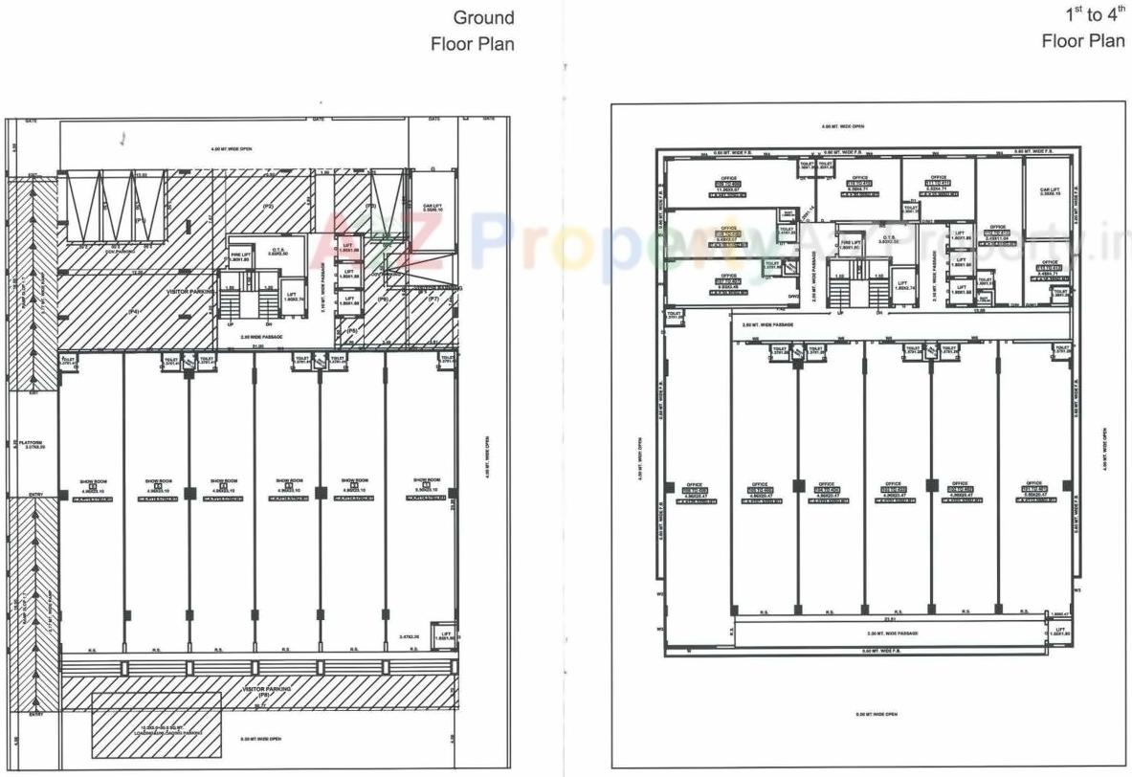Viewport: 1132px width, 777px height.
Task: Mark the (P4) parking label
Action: click(x=134, y=312)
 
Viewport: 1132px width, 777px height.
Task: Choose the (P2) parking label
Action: click(x=269, y=207)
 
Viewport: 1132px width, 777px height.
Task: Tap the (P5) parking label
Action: click(x=371, y=206)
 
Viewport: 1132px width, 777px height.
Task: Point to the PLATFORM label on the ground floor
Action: click(x=34, y=444)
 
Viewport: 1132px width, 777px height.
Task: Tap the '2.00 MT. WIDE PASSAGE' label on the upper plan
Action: click(x=892, y=633)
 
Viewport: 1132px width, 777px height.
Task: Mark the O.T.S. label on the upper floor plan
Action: click(x=889, y=239)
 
